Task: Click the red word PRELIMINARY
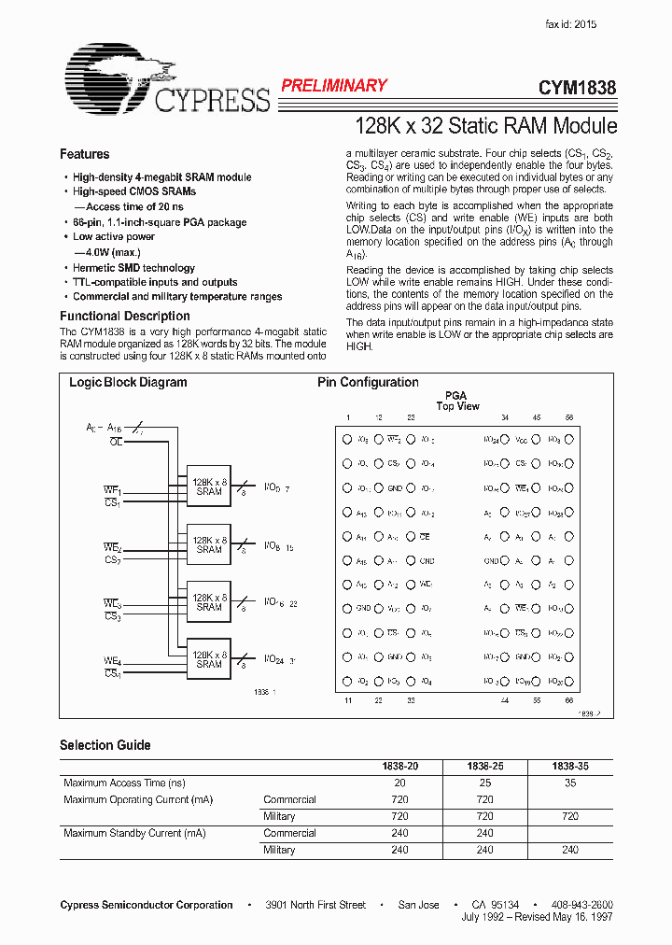pos(333,86)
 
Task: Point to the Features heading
pos(85,154)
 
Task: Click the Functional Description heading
pos(125,316)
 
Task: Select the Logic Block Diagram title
pos(128,382)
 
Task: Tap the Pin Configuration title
pos(368,382)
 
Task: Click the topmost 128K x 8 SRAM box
pos(209,486)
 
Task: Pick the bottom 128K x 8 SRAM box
pos(209,659)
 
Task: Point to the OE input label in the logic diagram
pos(116,441)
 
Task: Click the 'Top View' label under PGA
pos(457,406)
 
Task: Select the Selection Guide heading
pos(105,745)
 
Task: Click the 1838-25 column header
pos(485,766)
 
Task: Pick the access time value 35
pos(570,783)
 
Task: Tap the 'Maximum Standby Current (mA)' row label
pos(134,833)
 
